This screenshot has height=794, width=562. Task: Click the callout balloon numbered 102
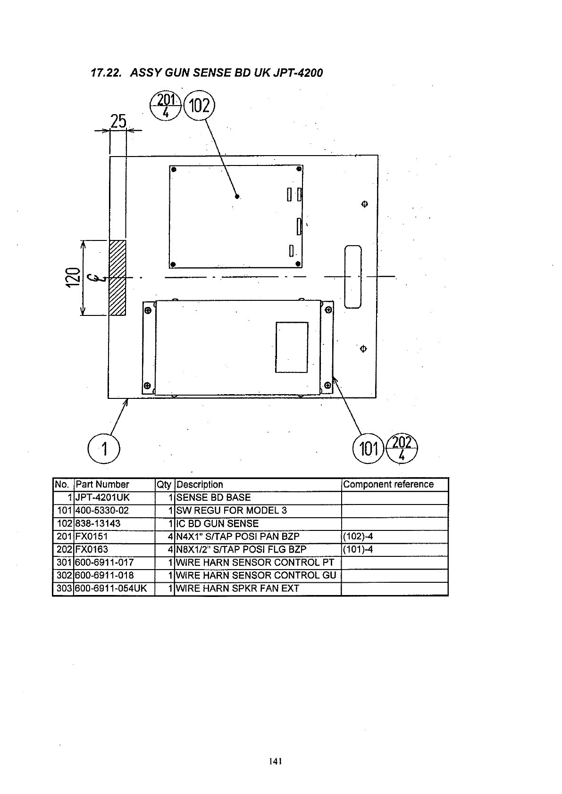pos(199,106)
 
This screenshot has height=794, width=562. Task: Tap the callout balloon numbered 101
pos(368,448)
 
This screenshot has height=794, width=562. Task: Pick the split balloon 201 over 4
pos(165,106)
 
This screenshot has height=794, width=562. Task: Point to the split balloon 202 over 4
pos(402,447)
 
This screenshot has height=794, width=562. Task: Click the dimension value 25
pos(118,122)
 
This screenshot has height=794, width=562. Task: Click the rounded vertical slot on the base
pos(353,277)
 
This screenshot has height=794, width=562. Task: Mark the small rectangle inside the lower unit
pos(292,347)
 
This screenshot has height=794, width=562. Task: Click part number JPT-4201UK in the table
pos(102,497)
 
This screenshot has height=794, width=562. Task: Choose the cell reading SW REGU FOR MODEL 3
pos(231,511)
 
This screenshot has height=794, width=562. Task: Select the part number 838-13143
pos(98,523)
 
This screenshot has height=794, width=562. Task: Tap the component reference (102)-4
pos(358,537)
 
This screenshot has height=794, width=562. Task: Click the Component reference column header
pos(388,484)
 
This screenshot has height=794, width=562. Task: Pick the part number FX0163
pos(92,549)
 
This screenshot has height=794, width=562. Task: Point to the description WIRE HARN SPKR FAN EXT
pos(238,588)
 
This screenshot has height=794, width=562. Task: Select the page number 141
pos(275,761)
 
